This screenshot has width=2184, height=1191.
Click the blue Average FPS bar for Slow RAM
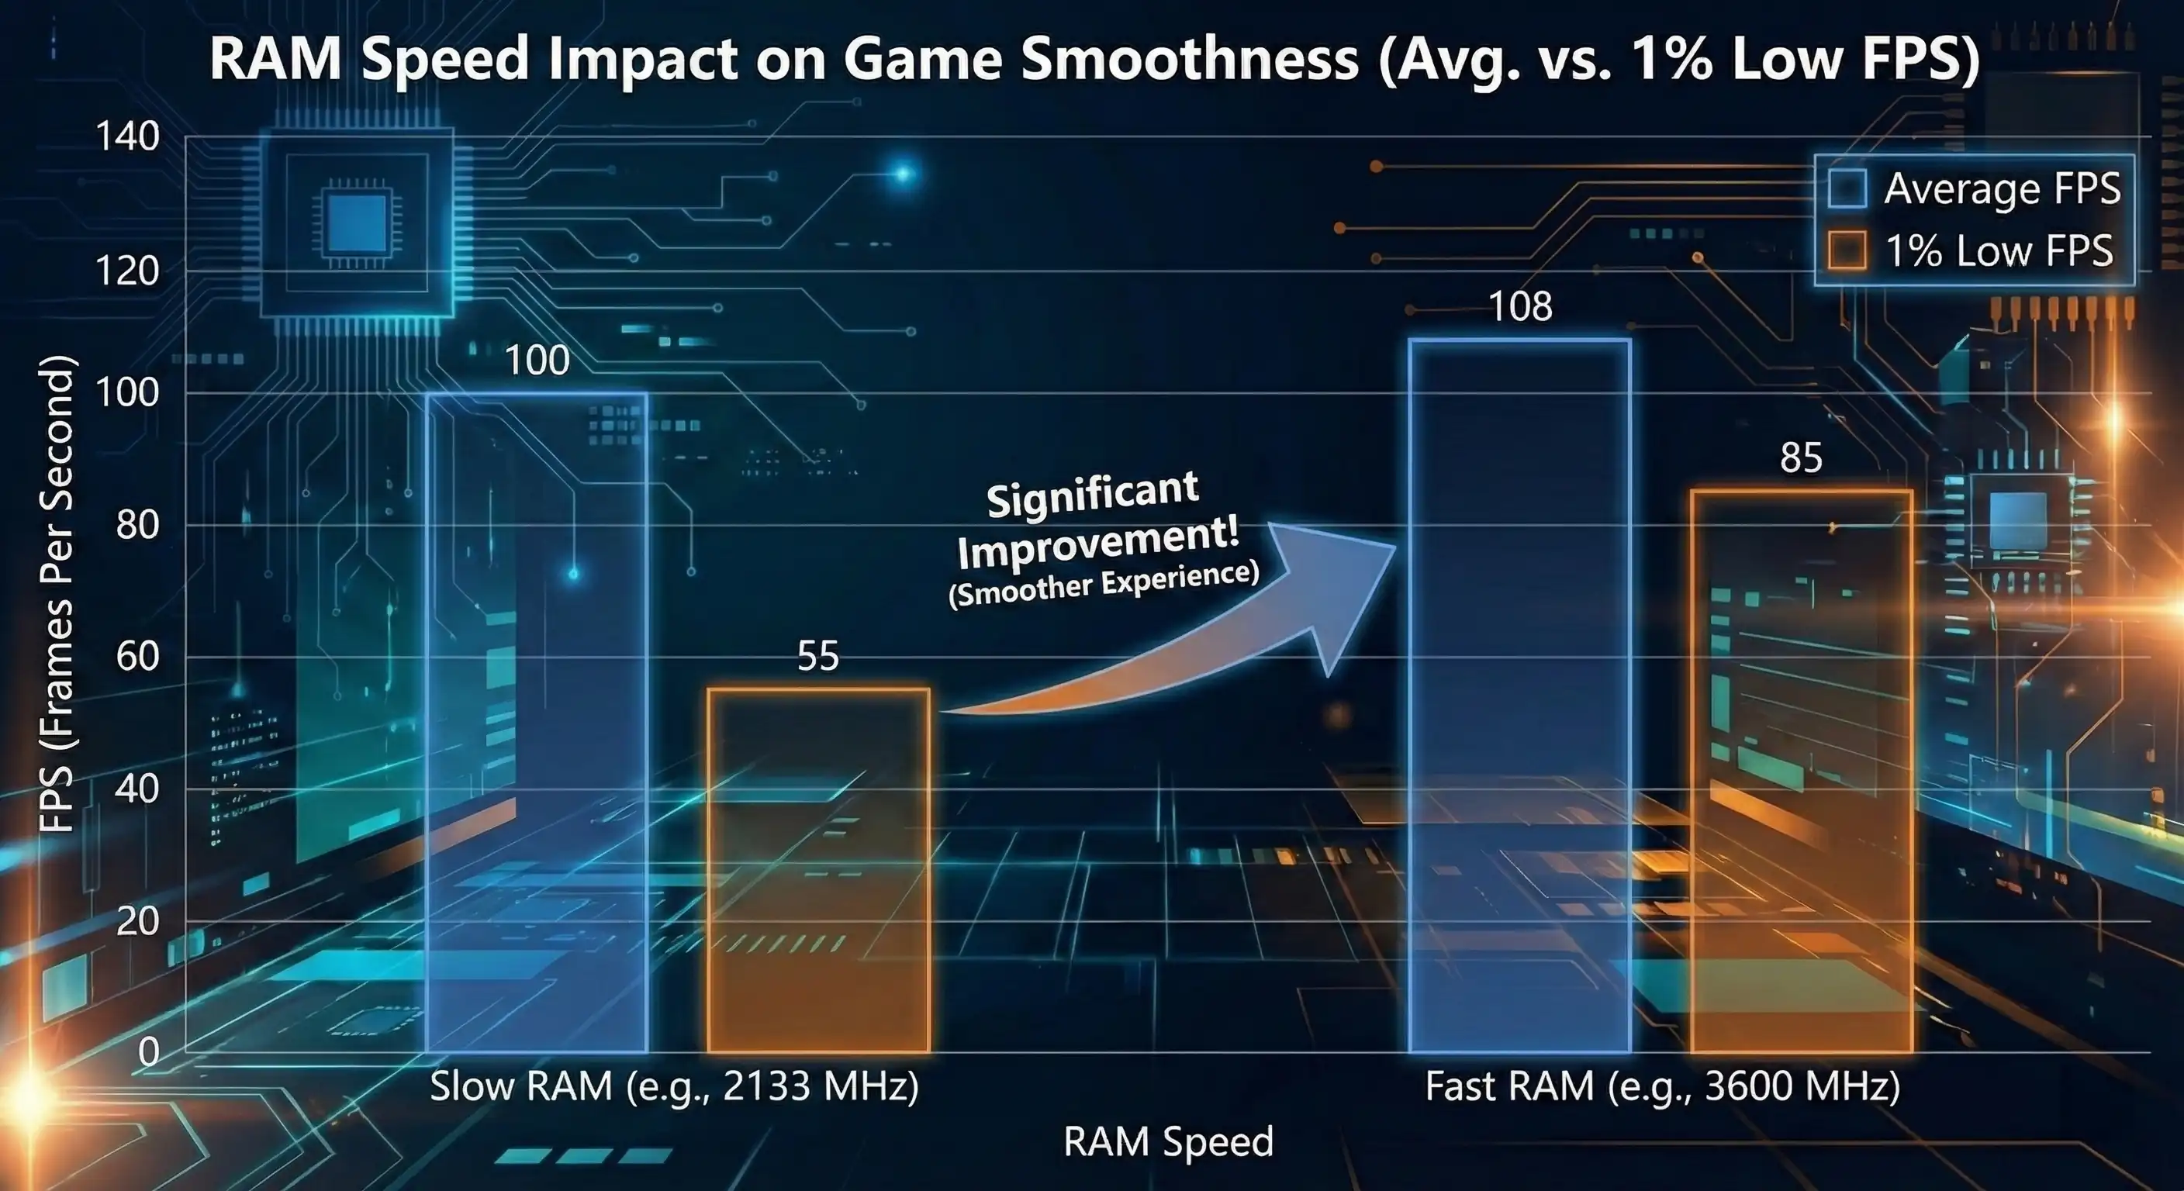tap(537, 720)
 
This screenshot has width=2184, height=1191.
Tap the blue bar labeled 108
tap(1519, 695)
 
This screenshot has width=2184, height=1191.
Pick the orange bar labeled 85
tap(1802, 772)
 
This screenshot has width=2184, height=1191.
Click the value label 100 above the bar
tap(537, 361)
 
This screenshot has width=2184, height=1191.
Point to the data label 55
tap(818, 656)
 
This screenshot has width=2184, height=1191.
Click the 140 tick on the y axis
tap(127, 136)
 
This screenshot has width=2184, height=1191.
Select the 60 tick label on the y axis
tap(137, 656)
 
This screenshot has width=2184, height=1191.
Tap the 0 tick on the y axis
tap(148, 1052)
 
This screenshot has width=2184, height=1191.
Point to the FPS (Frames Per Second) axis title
tap(57, 593)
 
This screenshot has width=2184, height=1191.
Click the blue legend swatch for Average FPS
tap(1847, 188)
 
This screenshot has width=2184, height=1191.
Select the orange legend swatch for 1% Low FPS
tap(1847, 251)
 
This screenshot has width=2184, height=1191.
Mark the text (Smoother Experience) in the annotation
tap(1103, 584)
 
